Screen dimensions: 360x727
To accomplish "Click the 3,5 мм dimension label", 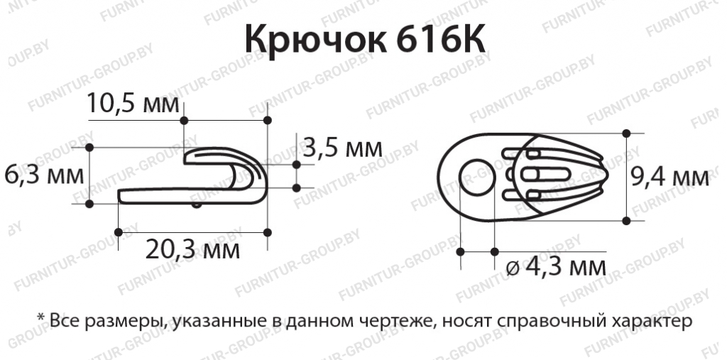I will click(x=341, y=148).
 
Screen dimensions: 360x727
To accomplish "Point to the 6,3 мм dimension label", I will click(x=43, y=175).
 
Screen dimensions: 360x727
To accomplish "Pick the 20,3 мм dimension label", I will click(x=192, y=249).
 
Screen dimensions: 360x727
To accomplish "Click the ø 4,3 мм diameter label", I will click(x=558, y=268).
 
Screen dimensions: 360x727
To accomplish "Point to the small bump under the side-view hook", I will click(x=197, y=206).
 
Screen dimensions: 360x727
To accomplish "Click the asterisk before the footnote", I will click(x=41, y=317).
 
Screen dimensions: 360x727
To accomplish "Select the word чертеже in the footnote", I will click(x=396, y=322).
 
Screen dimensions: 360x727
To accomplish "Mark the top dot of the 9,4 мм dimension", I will click(x=626, y=133).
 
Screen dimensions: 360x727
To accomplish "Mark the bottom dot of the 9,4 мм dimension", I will click(x=626, y=221).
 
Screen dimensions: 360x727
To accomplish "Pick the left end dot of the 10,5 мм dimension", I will click(x=184, y=118).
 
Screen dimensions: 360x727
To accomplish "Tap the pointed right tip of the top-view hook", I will click(x=605, y=175).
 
